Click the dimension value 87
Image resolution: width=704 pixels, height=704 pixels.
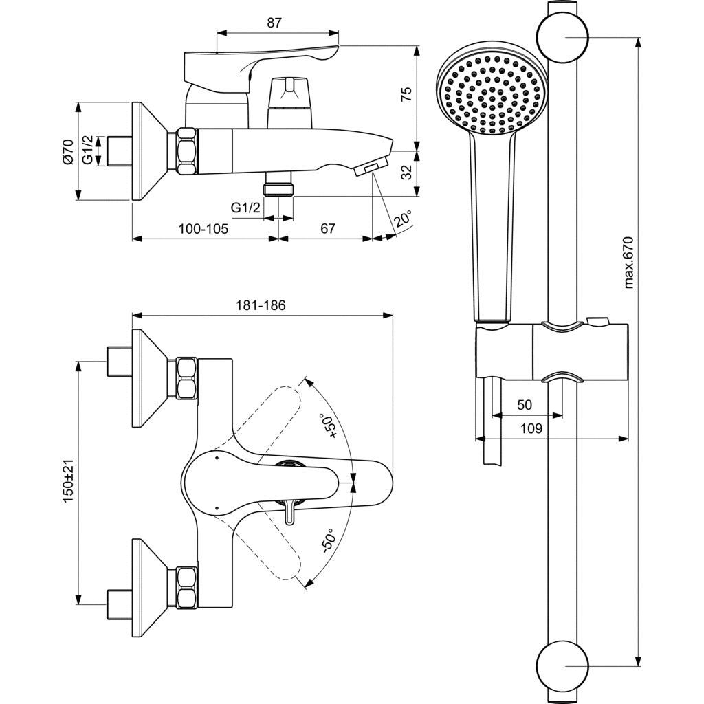point(274,23)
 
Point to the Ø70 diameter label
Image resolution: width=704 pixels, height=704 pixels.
point(67,151)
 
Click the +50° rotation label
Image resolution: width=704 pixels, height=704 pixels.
point(331,426)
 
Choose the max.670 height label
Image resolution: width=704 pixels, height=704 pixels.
point(628,262)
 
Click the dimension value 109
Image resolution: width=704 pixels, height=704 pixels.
point(530,428)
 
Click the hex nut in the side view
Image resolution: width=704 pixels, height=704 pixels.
point(186,151)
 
